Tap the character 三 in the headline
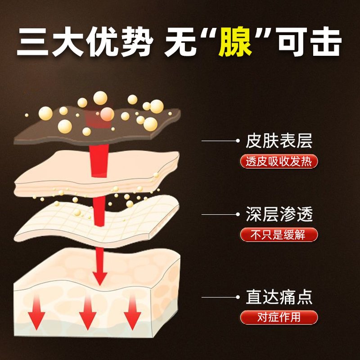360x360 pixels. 32,42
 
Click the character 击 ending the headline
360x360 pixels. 326,42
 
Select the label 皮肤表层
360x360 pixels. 279,141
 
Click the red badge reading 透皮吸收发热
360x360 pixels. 279,162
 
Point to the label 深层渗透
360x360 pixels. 279,214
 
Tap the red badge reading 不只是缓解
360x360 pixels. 279,234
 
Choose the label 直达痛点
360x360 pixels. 279,297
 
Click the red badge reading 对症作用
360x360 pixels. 279,318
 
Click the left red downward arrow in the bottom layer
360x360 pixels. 37,312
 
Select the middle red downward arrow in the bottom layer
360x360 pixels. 88,312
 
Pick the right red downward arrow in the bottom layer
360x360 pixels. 132,312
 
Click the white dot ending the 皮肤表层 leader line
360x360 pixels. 238,141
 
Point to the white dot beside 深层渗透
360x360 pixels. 238,214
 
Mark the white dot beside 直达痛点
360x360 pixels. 238,297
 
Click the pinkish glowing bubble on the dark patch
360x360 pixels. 107,114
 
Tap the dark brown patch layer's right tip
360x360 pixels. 180,112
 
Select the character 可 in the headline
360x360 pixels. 292,42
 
